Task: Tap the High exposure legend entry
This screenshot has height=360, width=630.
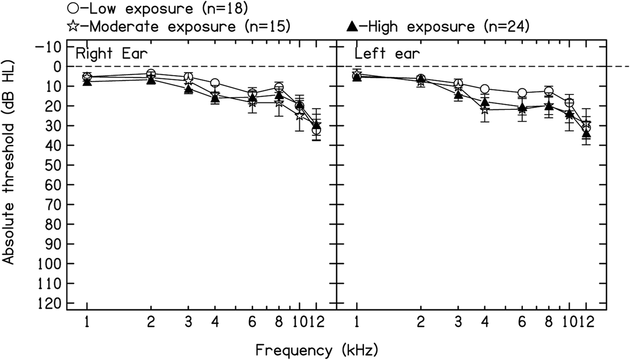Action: [x=438, y=25]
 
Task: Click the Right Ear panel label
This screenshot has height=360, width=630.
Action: [x=111, y=54]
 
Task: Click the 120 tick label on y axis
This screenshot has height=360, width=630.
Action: [x=47, y=303]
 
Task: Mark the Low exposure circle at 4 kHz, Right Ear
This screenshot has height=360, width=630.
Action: [x=215, y=83]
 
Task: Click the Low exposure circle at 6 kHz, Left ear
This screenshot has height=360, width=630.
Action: [x=522, y=93]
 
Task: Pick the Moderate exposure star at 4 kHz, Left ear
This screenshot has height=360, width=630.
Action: [x=484, y=110]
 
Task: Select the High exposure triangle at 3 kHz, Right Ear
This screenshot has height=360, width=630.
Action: [x=188, y=89]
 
